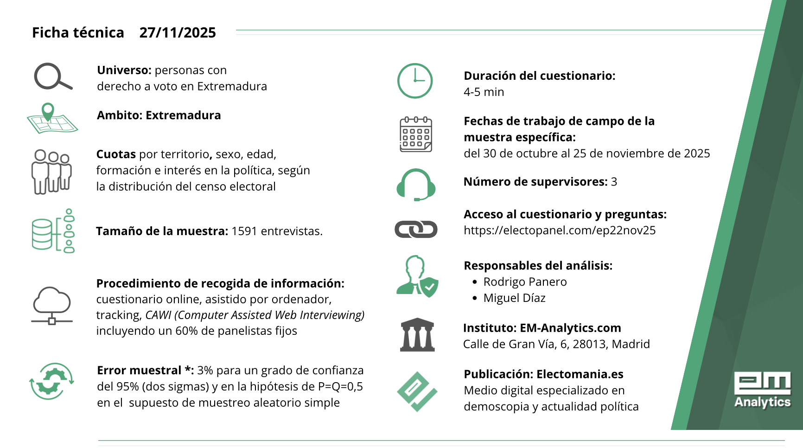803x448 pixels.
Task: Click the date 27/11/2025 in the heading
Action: tap(178, 33)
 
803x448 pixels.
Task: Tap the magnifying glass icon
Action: tap(53, 77)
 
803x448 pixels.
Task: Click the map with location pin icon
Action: tap(52, 119)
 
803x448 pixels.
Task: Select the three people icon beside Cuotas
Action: tap(51, 172)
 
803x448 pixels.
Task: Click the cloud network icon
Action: tap(52, 306)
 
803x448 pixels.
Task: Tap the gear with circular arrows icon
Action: tap(51, 381)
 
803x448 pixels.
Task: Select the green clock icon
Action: tap(415, 81)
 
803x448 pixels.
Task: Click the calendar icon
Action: tap(416, 134)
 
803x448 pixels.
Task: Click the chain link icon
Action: tap(416, 229)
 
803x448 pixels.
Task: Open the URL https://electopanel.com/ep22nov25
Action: tap(560, 230)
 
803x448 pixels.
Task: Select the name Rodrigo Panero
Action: tap(525, 282)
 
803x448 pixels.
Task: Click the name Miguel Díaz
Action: tap(514, 298)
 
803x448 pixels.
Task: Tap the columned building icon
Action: tap(417, 335)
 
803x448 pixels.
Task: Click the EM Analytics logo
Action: tap(762, 390)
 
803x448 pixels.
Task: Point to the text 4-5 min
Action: tap(484, 92)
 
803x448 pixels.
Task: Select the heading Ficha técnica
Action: tap(78, 33)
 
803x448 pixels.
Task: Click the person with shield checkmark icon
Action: tap(417, 276)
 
